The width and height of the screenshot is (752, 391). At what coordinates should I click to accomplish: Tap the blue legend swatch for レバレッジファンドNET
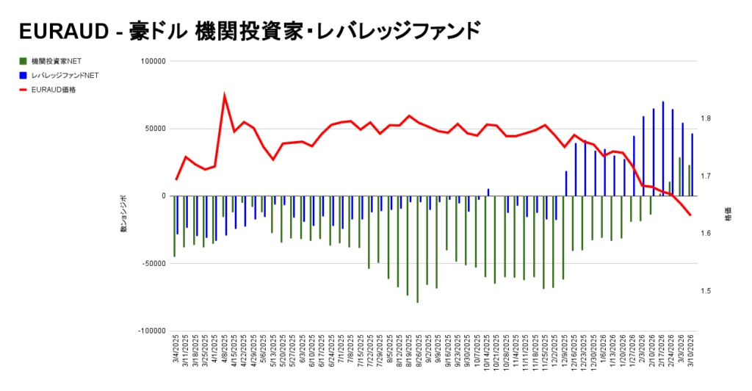click(x=23, y=75)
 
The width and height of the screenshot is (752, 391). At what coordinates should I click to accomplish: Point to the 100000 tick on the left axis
click(x=153, y=61)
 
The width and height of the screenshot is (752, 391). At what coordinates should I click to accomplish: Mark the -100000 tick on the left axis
click(x=151, y=331)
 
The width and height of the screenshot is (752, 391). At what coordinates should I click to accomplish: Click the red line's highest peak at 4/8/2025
click(x=224, y=95)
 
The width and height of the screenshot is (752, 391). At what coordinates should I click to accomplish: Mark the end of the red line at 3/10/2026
click(x=690, y=215)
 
